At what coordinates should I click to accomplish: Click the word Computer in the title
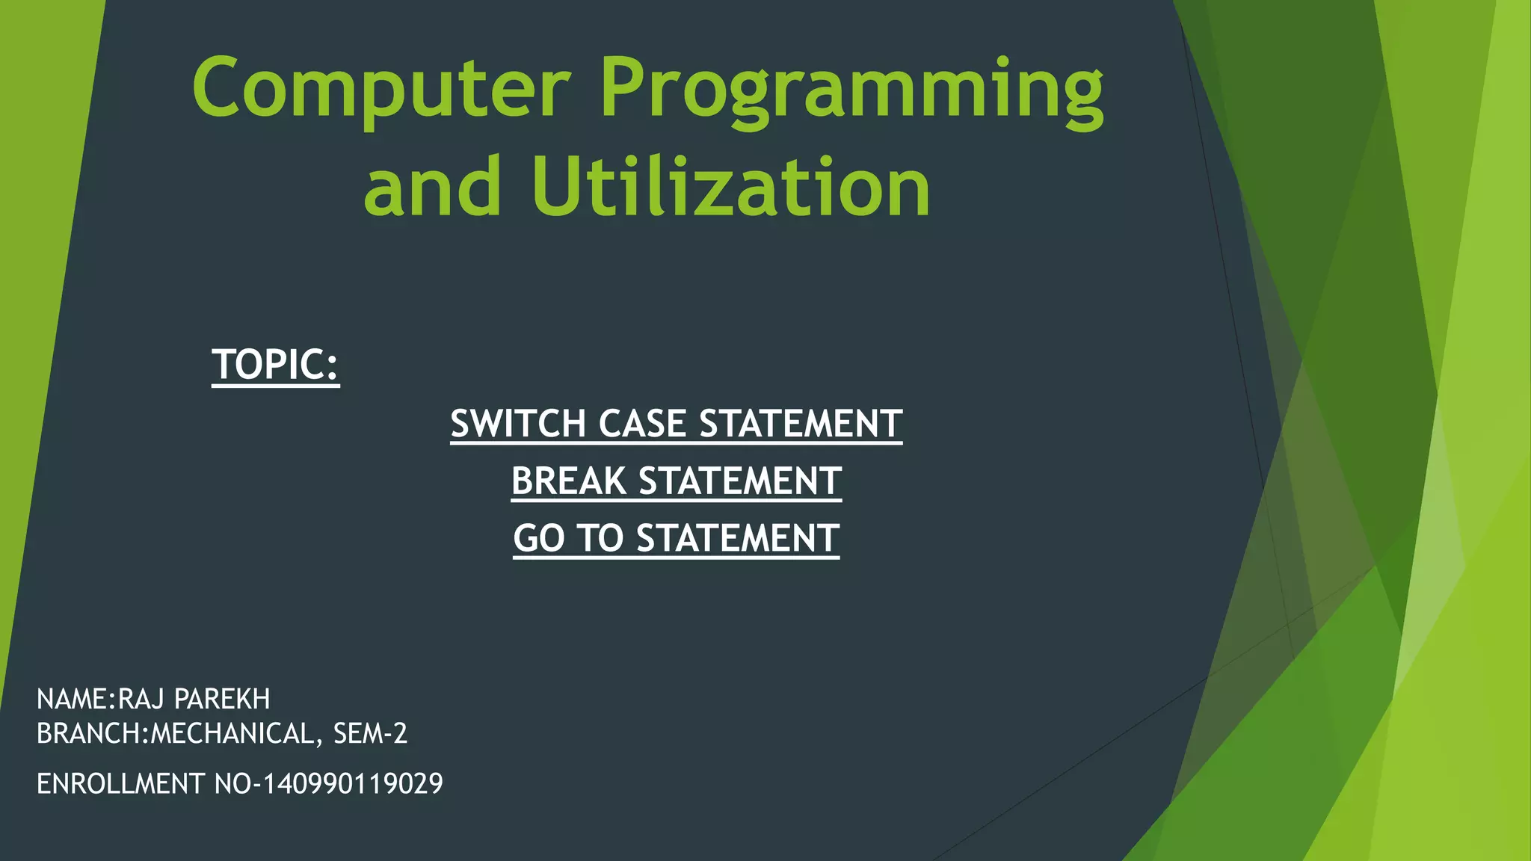point(381,88)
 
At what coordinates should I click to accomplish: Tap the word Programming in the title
point(852,93)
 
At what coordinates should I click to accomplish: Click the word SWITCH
point(519,424)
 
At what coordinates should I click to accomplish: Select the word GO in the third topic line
point(538,538)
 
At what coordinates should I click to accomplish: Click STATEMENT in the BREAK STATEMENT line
point(740,481)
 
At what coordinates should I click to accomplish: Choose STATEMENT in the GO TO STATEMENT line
point(738,538)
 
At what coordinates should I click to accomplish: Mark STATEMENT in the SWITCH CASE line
point(801,424)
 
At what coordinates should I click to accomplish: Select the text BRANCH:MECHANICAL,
point(180,734)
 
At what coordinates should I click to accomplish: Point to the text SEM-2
point(370,734)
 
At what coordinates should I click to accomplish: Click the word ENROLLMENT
point(120,783)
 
